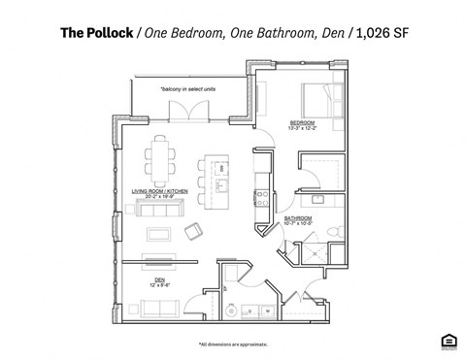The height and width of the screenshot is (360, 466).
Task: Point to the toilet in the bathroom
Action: click(x=333, y=231)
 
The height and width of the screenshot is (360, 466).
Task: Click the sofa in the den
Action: click(x=156, y=310)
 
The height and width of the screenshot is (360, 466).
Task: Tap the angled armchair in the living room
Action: click(x=193, y=231)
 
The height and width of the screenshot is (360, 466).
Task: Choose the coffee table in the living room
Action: click(x=157, y=232)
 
